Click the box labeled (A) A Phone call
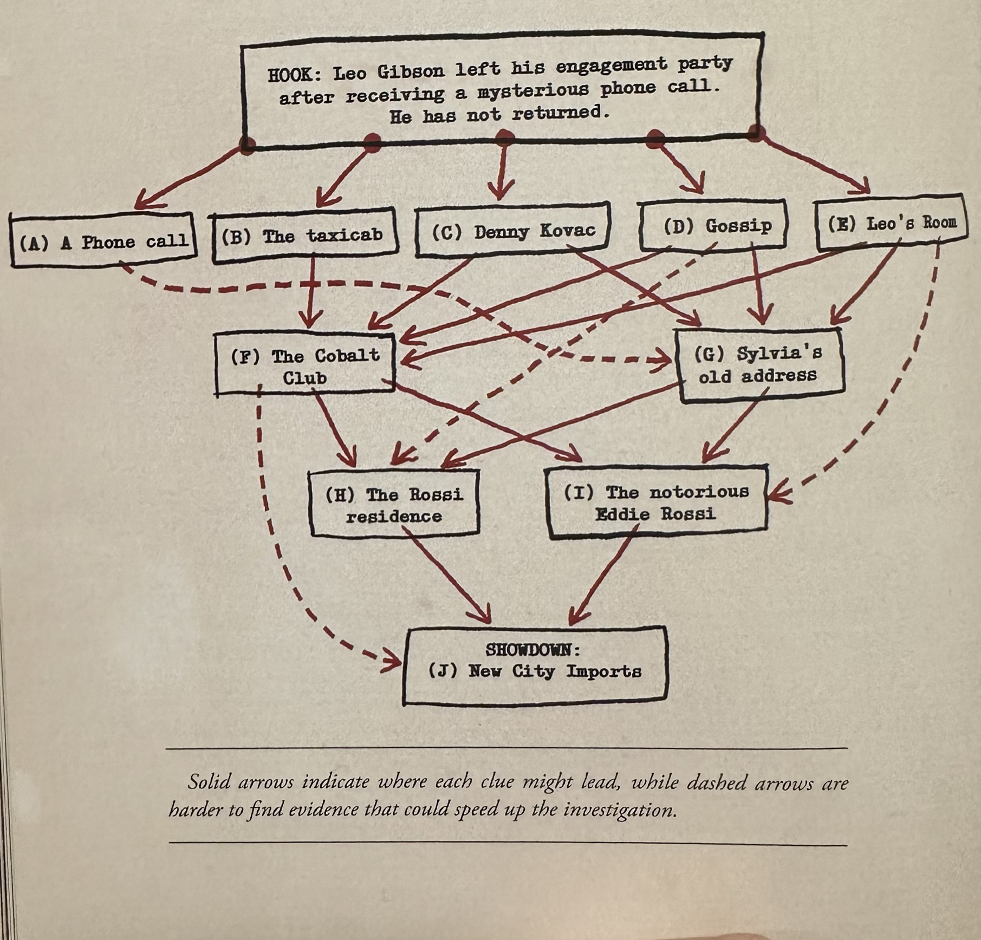point(103,240)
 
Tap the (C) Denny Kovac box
point(512,231)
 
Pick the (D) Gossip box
point(713,225)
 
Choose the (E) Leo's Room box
point(891,223)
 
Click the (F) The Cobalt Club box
point(304,365)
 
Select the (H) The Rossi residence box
point(394,504)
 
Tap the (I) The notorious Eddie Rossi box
point(657,502)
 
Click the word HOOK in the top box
point(292,74)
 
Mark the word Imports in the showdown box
point(603,671)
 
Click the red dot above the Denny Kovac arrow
point(504,135)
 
